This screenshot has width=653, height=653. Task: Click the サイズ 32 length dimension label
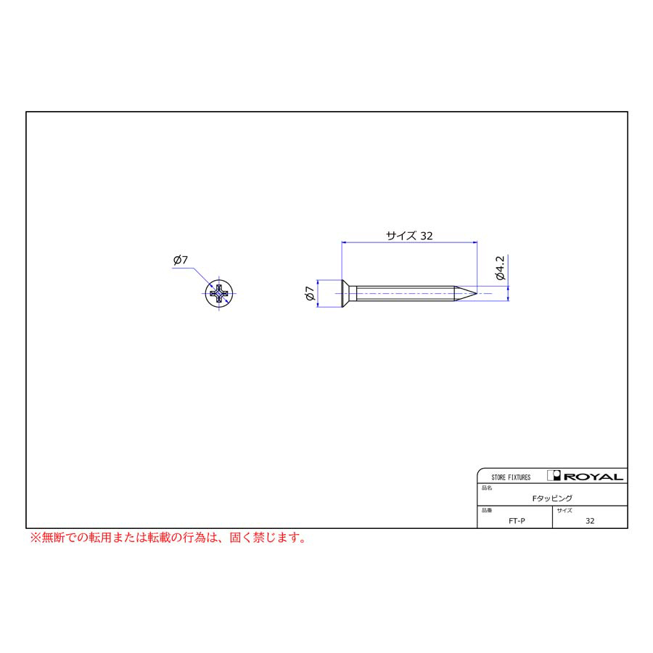(x=409, y=236)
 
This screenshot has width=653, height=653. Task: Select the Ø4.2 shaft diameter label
(x=500, y=268)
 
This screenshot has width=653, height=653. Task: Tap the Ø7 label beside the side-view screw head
(x=309, y=293)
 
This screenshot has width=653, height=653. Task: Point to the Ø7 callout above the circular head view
(x=181, y=260)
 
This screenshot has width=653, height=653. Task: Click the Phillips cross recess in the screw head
(x=219, y=294)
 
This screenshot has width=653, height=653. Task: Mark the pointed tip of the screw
(x=477, y=293)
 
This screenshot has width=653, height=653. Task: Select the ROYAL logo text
(x=594, y=477)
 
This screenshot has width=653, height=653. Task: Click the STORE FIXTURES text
(x=511, y=477)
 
